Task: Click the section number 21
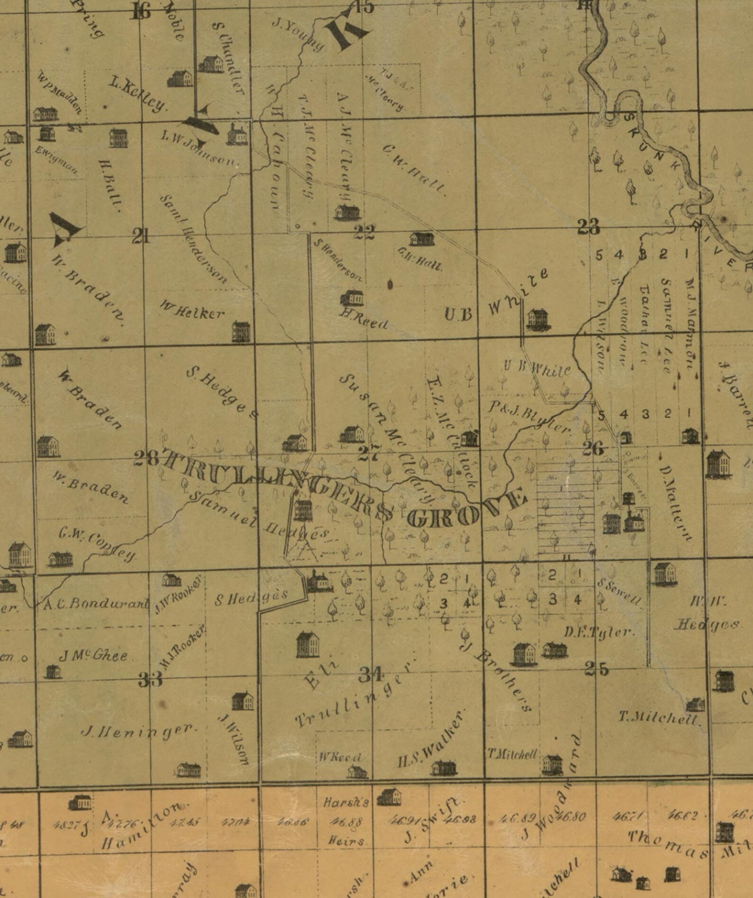[x=141, y=235]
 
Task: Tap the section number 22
[x=364, y=232]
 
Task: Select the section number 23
[x=588, y=227]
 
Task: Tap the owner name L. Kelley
[x=138, y=94]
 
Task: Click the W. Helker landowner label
[x=192, y=311]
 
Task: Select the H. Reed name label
[x=364, y=321]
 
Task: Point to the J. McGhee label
[x=93, y=656]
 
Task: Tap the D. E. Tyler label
[x=599, y=632]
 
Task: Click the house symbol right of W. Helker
[x=241, y=331]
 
